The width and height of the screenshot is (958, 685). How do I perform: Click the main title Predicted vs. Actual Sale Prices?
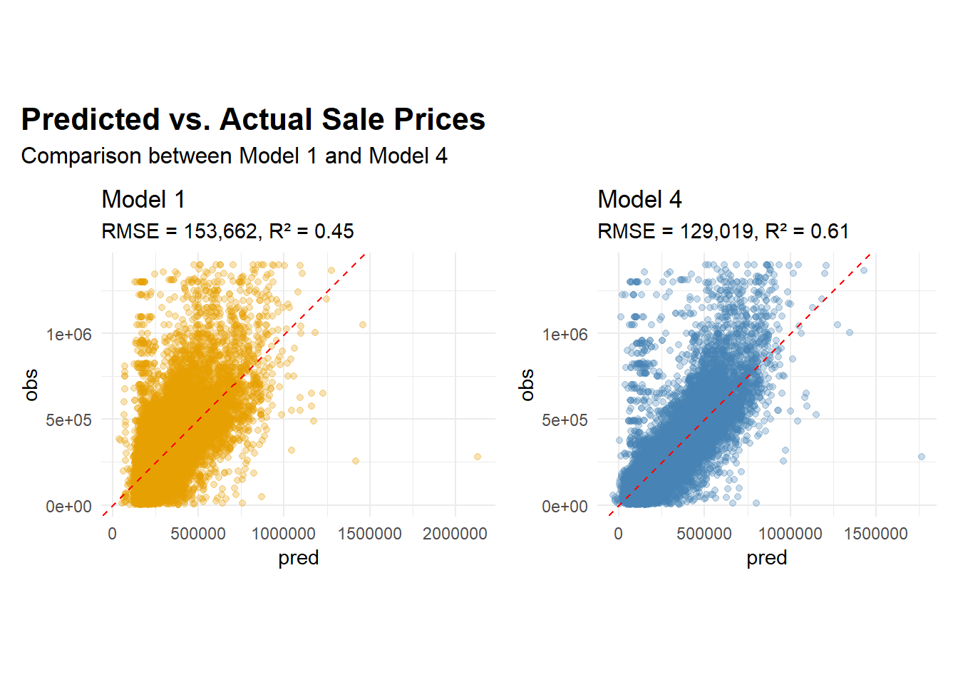[253, 119]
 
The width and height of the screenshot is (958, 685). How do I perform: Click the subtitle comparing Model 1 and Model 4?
[234, 156]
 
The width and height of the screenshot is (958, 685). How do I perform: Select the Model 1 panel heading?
[143, 199]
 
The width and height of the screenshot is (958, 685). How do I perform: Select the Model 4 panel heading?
[639, 199]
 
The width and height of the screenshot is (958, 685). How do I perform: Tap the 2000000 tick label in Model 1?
[455, 534]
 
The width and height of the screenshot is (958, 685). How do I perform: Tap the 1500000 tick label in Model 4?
[875, 534]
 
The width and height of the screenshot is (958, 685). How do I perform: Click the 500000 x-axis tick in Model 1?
[198, 534]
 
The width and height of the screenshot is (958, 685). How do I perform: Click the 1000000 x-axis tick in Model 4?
[790, 534]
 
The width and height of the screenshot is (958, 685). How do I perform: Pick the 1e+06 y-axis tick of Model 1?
[69, 334]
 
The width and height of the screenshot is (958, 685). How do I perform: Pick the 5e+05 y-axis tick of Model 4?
[565, 420]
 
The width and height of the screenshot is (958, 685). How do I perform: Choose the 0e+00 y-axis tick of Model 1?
[69, 507]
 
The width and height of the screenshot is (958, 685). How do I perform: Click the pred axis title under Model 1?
[298, 558]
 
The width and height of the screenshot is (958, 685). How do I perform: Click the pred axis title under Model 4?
[766, 558]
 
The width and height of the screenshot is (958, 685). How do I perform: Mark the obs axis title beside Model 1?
[31, 385]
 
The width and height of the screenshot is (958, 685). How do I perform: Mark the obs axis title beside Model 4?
[527, 385]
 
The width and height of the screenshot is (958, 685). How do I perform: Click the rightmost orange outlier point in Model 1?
[478, 457]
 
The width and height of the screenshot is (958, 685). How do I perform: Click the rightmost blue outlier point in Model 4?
[922, 457]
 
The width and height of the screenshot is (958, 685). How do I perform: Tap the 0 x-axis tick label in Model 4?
[618, 534]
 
